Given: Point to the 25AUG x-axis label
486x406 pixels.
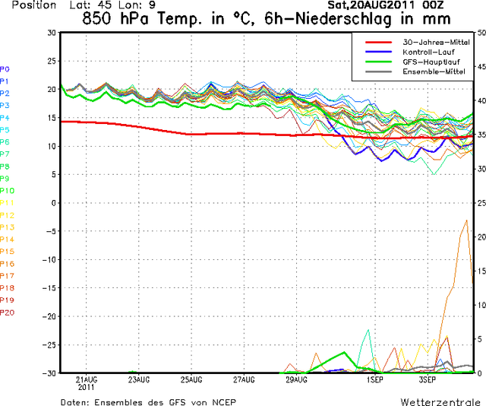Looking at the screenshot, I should click(x=191, y=379).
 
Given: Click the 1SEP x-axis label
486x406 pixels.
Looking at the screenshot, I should click(x=374, y=379).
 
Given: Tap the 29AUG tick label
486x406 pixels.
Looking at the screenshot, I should click(x=296, y=379).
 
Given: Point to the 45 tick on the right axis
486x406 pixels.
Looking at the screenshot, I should click(x=480, y=66).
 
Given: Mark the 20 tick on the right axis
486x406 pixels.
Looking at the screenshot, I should click(x=480, y=237).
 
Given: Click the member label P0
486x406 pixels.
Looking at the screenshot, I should click(x=5, y=68).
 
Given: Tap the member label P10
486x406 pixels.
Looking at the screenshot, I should click(x=8, y=190).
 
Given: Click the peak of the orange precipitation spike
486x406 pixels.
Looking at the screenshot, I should click(x=466, y=220).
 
